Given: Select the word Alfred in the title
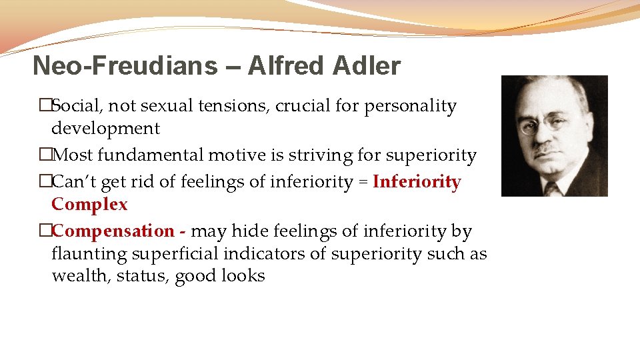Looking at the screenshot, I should [285, 66].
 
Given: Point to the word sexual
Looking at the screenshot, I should [177, 106].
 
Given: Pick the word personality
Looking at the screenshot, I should [410, 106].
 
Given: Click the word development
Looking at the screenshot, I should [105, 128].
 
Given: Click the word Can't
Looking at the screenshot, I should [72, 182].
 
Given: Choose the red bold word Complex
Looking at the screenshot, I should [89, 204].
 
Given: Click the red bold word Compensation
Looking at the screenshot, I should [113, 231].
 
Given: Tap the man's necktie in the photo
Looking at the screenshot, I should [551, 188].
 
